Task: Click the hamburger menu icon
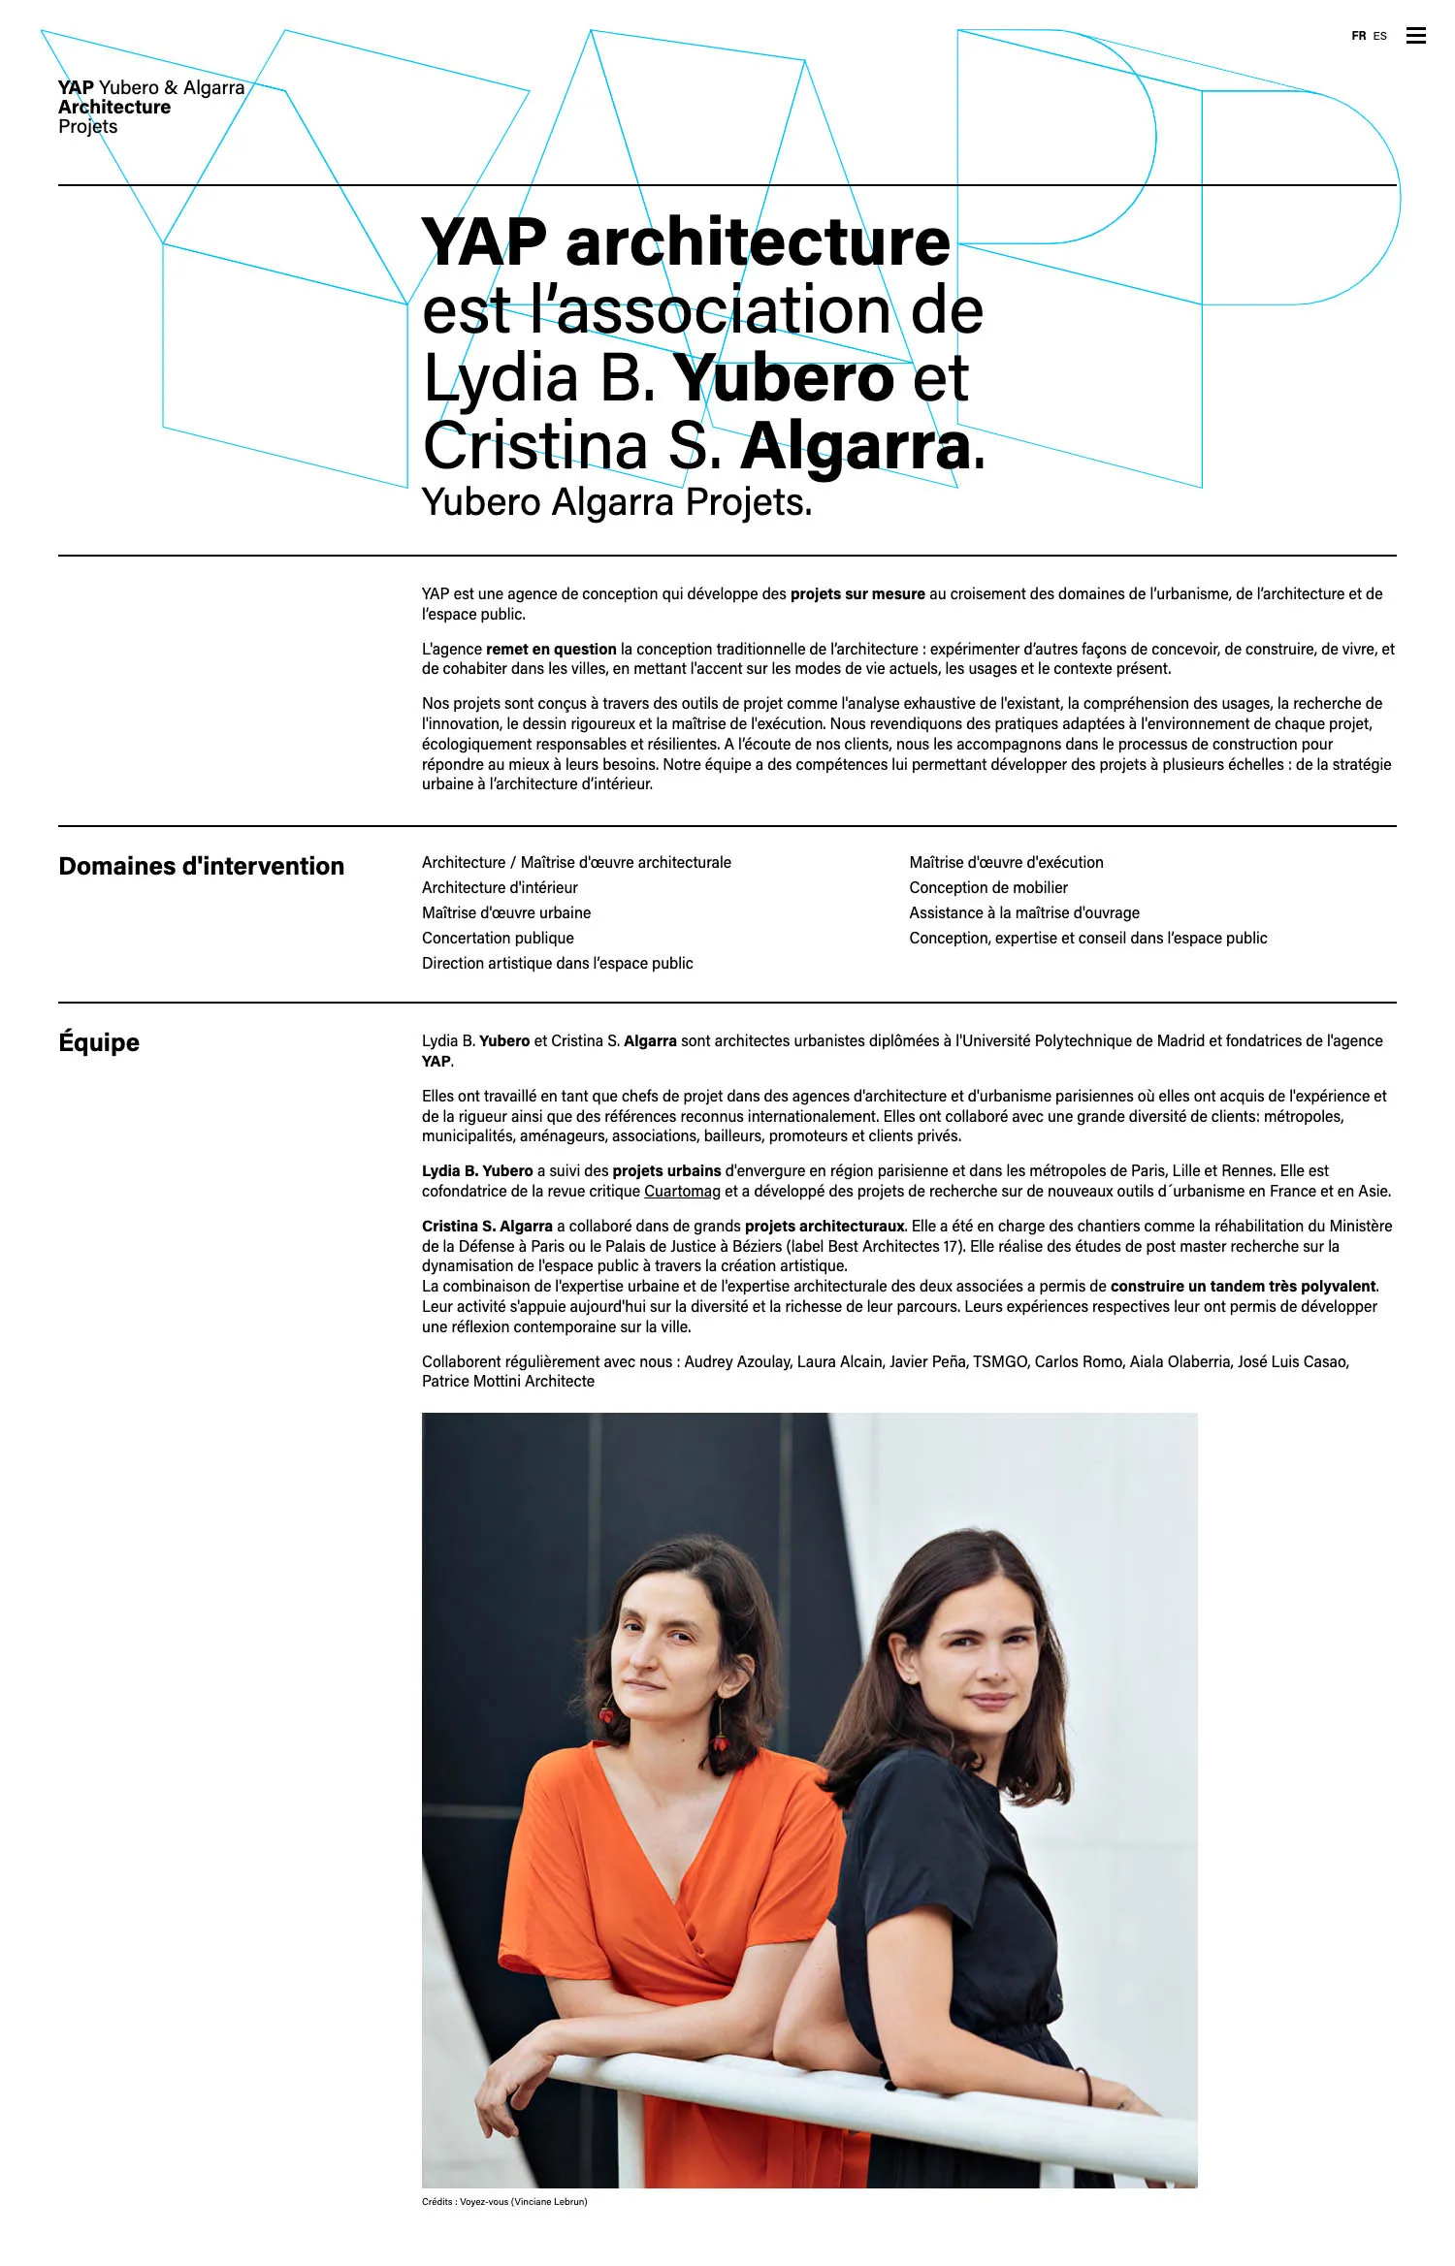[1415, 36]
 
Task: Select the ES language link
[1379, 36]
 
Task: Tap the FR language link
[1358, 36]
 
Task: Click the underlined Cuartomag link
[682, 1191]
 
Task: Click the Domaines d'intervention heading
[201, 866]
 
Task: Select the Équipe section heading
[99, 1042]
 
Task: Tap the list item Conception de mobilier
[987, 887]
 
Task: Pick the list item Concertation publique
[498, 938]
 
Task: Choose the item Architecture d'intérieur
[500, 887]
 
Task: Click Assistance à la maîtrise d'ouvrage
[1023, 912]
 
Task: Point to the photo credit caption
[504, 2201]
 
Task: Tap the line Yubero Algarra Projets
[616, 502]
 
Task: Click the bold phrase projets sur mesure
[857, 593]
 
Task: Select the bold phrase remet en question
[551, 649]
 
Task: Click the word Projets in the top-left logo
[87, 127]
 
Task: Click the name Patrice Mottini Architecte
[507, 1381]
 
